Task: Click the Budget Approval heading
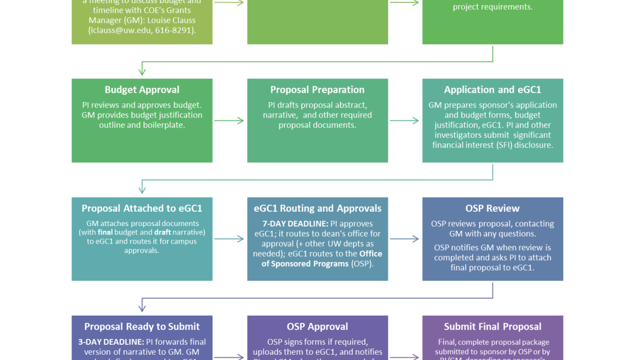coord(142,90)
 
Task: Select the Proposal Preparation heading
coord(317,90)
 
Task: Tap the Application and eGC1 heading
coord(493,90)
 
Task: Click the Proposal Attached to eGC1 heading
coord(142,209)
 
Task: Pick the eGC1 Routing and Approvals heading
coord(317,209)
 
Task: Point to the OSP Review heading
coord(493,209)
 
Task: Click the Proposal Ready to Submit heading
coord(142,327)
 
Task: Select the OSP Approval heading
coord(317,327)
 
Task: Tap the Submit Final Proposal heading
coord(493,327)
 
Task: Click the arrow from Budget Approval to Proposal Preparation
coord(230,121)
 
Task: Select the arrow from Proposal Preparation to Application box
coord(405,121)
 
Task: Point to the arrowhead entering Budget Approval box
coord(142,71)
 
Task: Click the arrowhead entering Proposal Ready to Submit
coord(142,308)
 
